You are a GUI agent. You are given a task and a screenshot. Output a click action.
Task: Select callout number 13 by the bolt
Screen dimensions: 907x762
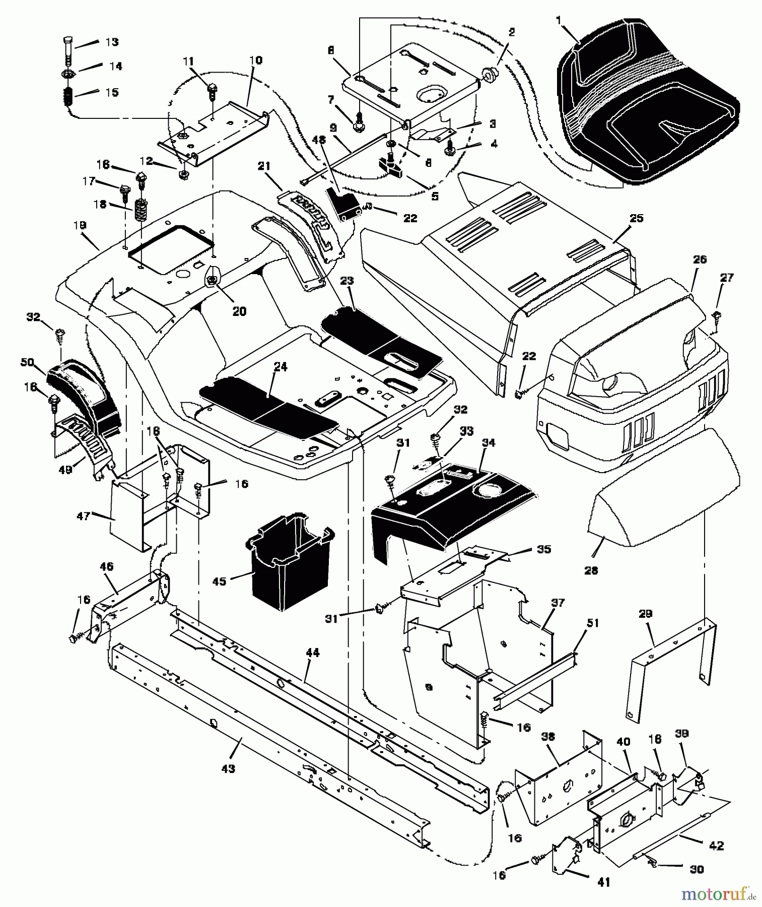click(x=111, y=42)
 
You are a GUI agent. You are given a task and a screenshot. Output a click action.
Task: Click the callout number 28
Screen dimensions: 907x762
click(x=591, y=570)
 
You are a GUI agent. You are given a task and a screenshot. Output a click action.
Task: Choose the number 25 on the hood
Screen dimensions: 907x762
click(x=636, y=218)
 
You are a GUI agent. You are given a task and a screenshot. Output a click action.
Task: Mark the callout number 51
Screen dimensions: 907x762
click(x=593, y=623)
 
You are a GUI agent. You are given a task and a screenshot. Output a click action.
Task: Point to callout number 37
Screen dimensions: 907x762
click(x=558, y=603)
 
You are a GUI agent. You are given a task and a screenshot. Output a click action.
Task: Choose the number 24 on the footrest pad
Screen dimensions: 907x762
click(x=280, y=367)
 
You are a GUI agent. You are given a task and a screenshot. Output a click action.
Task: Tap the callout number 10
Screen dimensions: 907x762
click(x=255, y=60)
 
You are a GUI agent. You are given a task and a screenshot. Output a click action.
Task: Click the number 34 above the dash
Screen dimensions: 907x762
click(x=488, y=443)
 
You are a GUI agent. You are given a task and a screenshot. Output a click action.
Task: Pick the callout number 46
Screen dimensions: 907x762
click(x=106, y=567)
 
